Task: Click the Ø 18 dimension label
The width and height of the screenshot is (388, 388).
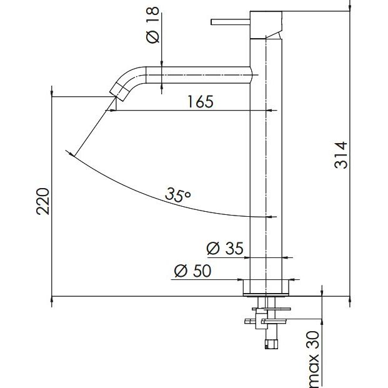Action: coord(152,25)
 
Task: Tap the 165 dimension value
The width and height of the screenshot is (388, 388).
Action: coord(200,101)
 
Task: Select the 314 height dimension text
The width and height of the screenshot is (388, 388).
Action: coord(341,155)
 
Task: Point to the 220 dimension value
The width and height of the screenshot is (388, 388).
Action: coord(43,201)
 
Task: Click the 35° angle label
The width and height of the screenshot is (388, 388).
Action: coord(178,195)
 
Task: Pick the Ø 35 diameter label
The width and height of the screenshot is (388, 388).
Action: coord(225,248)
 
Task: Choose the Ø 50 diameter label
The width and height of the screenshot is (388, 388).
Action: coord(193,271)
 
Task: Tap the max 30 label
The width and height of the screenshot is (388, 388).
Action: coord(314,359)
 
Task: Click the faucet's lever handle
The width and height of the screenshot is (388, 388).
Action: coord(231,22)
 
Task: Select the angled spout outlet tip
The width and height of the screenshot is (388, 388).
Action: coord(117,92)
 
